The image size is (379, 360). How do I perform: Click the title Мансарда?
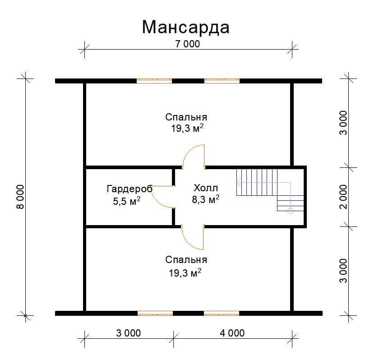[x=185, y=28]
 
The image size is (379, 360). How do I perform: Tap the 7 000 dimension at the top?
[x=188, y=44]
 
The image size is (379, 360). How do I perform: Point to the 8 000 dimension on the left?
[x=21, y=197]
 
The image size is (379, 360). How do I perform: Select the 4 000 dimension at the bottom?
[x=232, y=333]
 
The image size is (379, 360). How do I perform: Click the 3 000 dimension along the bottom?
[x=128, y=333]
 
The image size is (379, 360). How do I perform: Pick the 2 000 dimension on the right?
[x=343, y=197]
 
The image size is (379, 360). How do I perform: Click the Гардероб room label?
[x=129, y=189]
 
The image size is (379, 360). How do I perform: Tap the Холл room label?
[x=206, y=188]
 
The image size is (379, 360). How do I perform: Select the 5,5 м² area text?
[x=127, y=201]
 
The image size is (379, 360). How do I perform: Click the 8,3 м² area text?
[x=206, y=199]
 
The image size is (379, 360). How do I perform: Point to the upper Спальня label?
[x=186, y=117]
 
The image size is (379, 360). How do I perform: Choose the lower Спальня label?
[x=186, y=260]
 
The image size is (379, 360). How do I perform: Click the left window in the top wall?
[x=154, y=81]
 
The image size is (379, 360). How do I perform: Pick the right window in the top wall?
[x=222, y=81]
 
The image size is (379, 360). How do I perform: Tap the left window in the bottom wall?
[x=155, y=314]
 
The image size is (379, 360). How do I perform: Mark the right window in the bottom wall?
[x=222, y=314]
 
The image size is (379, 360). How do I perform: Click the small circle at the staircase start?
[x=290, y=211]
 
